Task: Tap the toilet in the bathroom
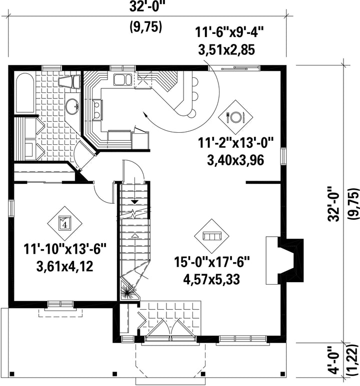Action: click(70, 82)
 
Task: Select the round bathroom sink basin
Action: click(72, 106)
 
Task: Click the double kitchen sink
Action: click(122, 79)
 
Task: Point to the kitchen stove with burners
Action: click(97, 110)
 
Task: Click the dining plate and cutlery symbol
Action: click(235, 117)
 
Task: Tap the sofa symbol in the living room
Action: click(211, 236)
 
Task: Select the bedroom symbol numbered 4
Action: click(65, 224)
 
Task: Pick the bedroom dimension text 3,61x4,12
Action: click(65, 267)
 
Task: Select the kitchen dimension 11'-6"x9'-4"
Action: click(226, 32)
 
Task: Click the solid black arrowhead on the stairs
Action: click(134, 202)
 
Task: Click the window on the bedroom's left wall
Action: click(11, 208)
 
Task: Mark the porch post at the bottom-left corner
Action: click(12, 374)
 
